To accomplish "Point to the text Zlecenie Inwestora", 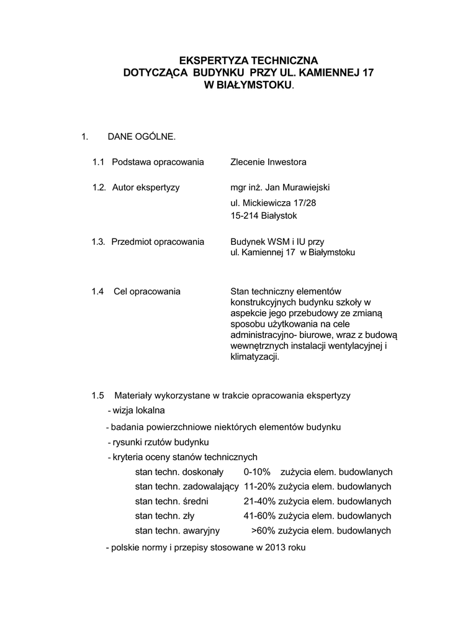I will [268, 162].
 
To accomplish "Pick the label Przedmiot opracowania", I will [158, 242].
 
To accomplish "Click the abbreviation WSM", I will [273, 242].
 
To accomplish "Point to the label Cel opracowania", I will [147, 291].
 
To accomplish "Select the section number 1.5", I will [97, 395].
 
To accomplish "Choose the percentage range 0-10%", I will [257, 472].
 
